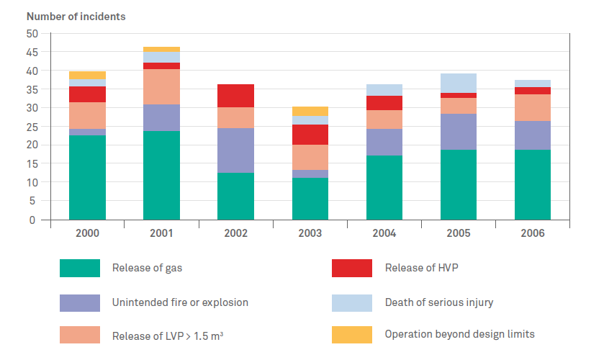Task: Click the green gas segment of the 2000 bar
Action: coord(87,177)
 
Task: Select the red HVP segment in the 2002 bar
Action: coord(235,96)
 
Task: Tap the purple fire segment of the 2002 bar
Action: coord(235,150)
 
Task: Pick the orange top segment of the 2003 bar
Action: coord(310,111)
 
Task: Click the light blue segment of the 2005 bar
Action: coord(459,83)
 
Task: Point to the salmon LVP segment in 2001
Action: coord(161,86)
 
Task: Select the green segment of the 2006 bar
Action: coord(533,184)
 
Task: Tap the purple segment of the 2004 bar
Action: coord(384,143)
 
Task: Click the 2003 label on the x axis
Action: coord(310,233)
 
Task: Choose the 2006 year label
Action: coord(533,233)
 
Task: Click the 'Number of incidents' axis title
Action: coord(76,16)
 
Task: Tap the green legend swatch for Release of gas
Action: coord(79,269)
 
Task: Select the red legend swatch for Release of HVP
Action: coord(352,269)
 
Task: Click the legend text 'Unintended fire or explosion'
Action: coord(180,302)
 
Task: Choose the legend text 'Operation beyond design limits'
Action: coord(459,334)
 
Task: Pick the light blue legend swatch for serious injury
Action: coord(352,302)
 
